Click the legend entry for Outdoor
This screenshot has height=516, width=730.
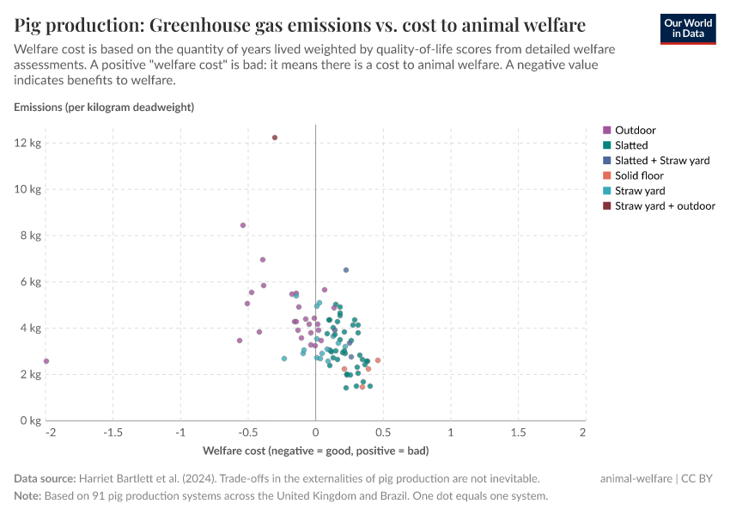point(635,130)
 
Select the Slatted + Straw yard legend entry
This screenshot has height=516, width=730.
point(661,161)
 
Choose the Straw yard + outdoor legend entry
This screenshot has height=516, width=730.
point(665,206)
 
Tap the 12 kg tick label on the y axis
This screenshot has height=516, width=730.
point(28,143)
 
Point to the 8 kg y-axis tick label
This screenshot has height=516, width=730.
point(30,236)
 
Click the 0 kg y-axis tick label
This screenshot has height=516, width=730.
point(30,421)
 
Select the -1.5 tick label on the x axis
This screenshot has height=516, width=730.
point(113,432)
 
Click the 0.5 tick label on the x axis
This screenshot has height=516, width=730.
point(383,432)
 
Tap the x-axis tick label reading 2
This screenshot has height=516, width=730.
point(584,432)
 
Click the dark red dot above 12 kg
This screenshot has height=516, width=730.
point(275,138)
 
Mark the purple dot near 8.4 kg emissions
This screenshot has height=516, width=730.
point(243,225)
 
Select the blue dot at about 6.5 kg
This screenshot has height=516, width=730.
point(346,270)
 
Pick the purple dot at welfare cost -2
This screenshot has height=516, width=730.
point(46,361)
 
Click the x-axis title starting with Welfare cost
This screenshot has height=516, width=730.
point(315,451)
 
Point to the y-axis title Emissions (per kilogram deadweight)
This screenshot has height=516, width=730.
point(104,107)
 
